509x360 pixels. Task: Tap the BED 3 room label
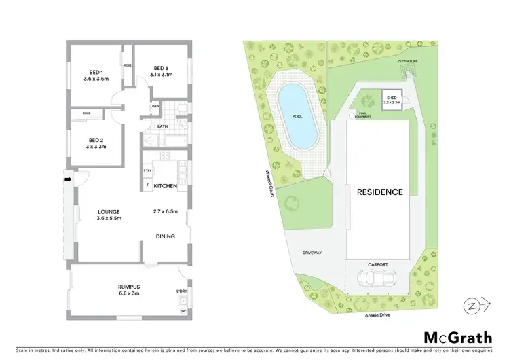(x=160, y=68)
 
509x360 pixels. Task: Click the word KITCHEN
(x=165, y=186)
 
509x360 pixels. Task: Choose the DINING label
(x=165, y=236)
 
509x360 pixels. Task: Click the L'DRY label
(x=181, y=291)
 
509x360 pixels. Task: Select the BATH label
(x=163, y=126)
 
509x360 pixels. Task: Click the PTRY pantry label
(x=147, y=170)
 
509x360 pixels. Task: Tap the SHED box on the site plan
(x=392, y=100)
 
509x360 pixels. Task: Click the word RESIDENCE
(x=380, y=192)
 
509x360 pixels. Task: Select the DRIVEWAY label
(x=312, y=253)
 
